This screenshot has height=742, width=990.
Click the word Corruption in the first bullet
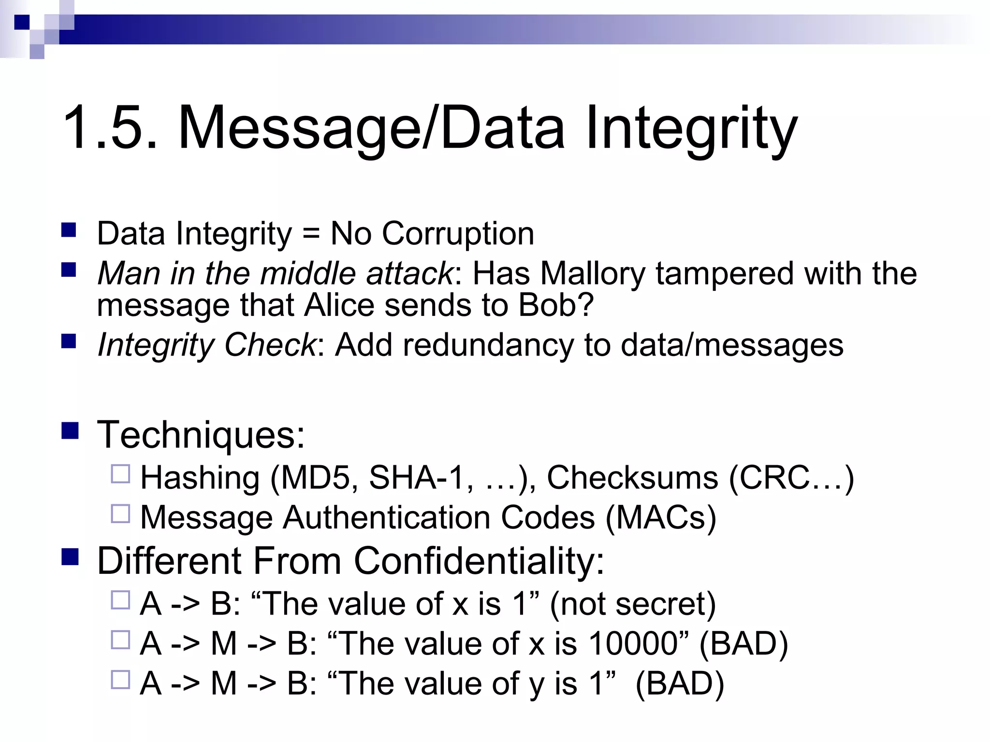pyautogui.click(x=458, y=234)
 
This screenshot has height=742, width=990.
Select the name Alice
pyautogui.click(x=339, y=305)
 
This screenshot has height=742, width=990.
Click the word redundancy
pyautogui.click(x=488, y=345)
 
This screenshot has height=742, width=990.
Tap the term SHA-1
pyautogui.click(x=416, y=478)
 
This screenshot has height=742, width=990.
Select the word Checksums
pyautogui.click(x=632, y=478)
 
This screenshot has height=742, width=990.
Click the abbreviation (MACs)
pyautogui.click(x=660, y=518)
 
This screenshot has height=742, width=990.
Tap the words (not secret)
pyautogui.click(x=633, y=604)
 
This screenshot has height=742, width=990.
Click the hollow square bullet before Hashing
pyautogui.click(x=120, y=474)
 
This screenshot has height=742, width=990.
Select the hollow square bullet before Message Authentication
pyautogui.click(x=120, y=514)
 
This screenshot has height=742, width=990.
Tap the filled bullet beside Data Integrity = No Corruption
pyautogui.click(x=69, y=230)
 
